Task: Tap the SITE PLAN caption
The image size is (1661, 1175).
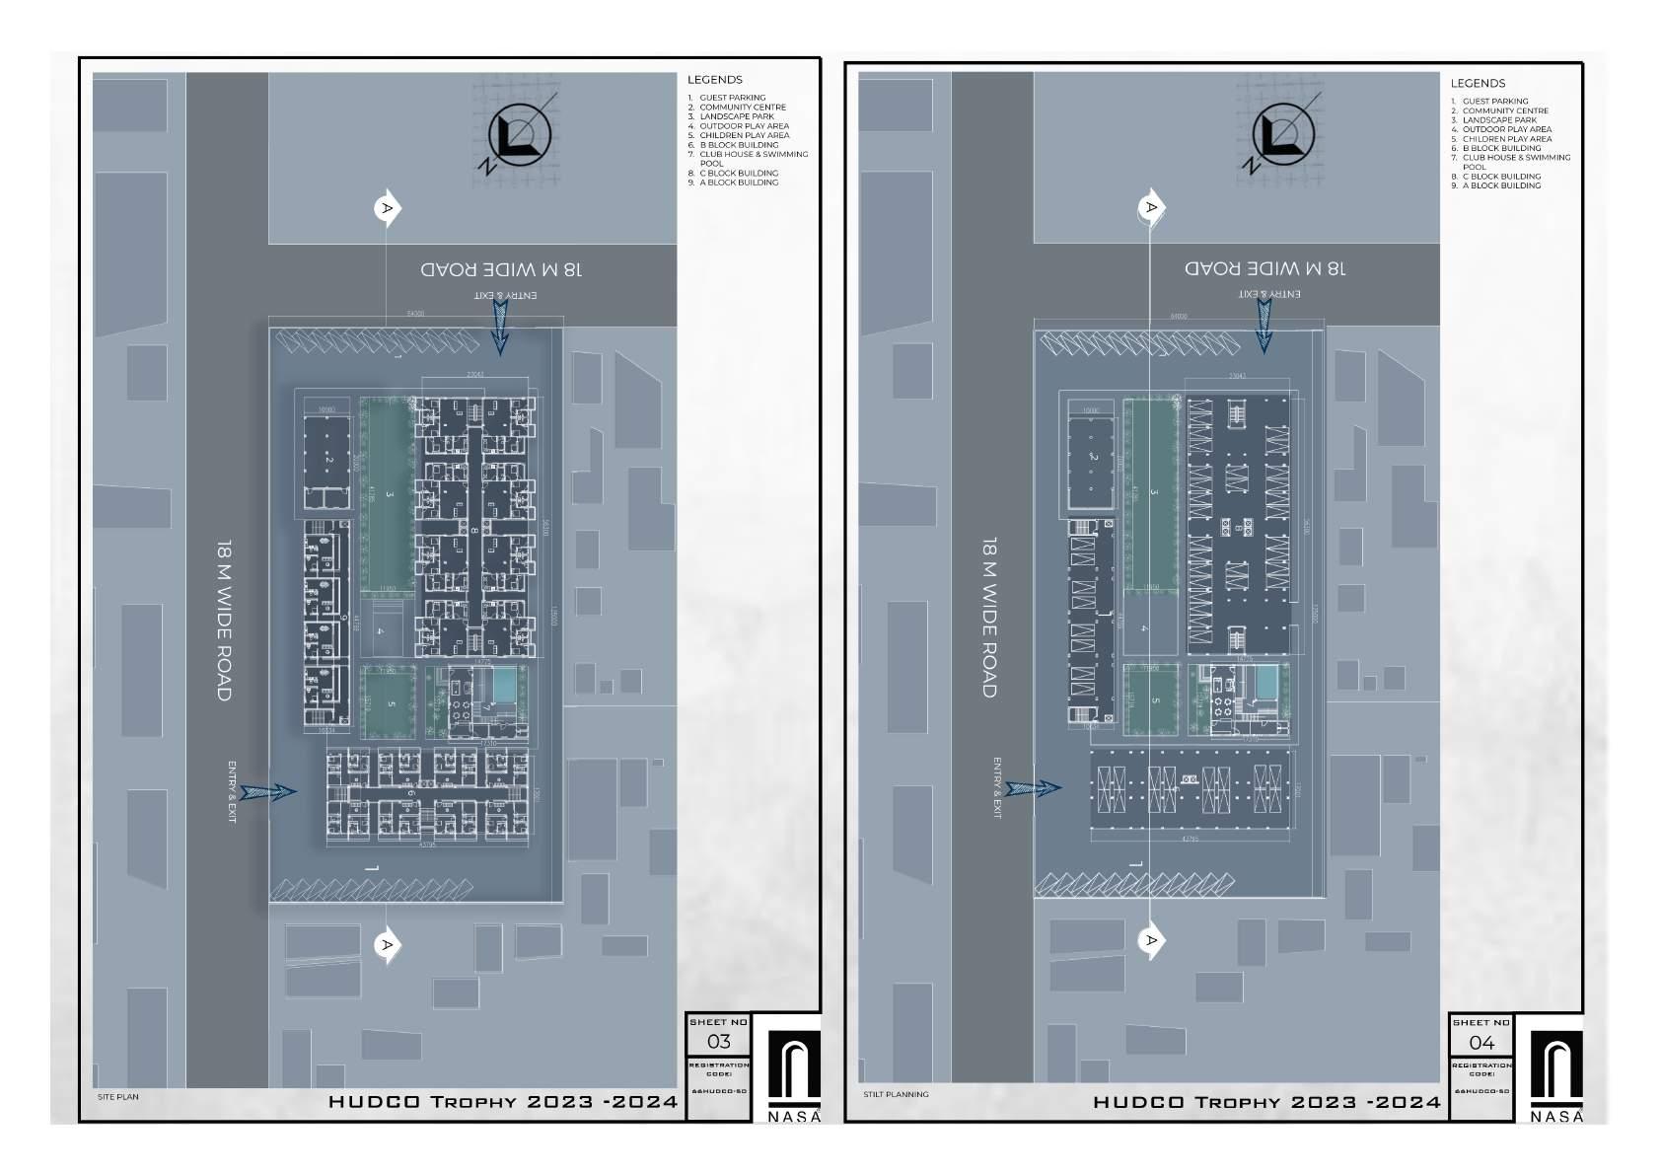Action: pos(117,1097)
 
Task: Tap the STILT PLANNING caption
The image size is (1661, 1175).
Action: pos(896,1094)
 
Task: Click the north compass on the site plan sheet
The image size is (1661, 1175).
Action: pos(520,135)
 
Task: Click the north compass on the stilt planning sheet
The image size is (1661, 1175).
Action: pos(1283,136)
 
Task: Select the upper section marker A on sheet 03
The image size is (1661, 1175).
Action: pos(388,208)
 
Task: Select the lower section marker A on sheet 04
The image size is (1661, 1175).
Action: pos(1151,940)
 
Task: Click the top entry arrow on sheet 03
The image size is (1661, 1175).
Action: pos(499,327)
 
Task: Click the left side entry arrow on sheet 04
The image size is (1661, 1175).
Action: pos(1034,788)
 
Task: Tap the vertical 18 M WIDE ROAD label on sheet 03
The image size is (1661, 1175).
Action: pos(225,621)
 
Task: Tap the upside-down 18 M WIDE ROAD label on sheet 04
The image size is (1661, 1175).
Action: pos(1264,268)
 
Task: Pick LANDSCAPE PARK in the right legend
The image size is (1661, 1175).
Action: pos(1499,120)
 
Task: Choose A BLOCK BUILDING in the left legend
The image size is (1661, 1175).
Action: pos(739,183)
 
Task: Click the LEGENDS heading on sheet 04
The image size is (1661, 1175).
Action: pos(1478,84)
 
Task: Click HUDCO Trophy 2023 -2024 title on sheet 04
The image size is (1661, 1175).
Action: pos(1266,1102)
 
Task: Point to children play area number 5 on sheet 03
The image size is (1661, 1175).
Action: pos(392,703)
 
